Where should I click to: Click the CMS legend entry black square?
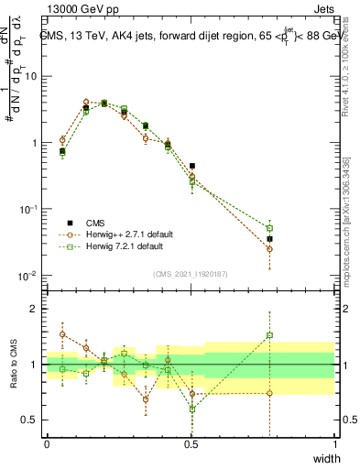click(x=69, y=223)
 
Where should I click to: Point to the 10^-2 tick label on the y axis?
click(x=29, y=276)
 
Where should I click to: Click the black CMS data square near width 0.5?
click(x=192, y=166)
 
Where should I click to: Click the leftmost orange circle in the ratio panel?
click(x=62, y=334)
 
